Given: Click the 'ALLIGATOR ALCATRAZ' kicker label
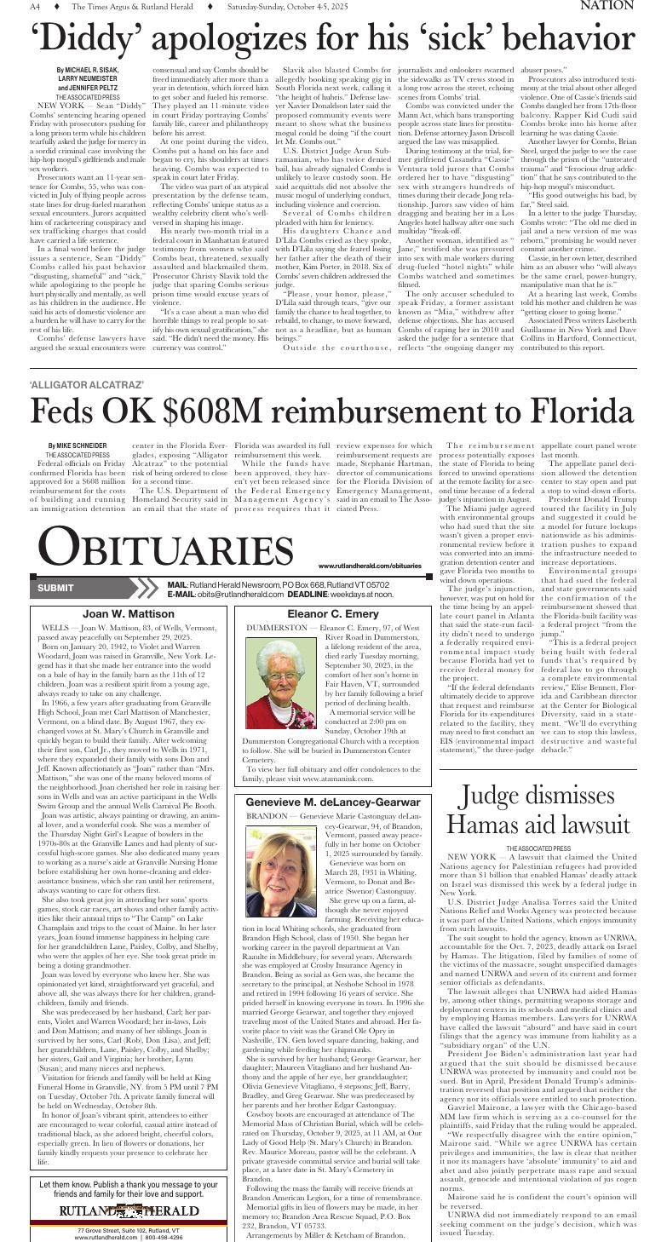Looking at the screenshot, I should tap(87, 384).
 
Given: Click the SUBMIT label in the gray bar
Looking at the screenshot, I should tap(56, 588).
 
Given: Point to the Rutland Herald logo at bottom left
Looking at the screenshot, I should tap(129, 1210).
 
